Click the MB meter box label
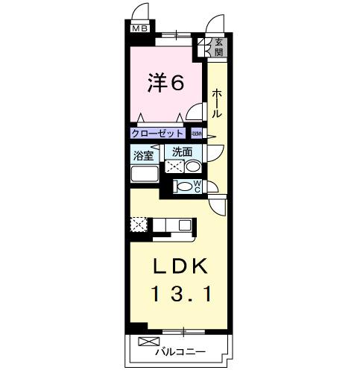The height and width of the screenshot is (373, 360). click(x=139, y=28)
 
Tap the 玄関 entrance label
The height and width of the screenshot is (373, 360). click(x=219, y=48)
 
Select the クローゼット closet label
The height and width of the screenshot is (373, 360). click(x=157, y=134)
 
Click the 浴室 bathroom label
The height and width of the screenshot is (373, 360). click(x=143, y=156)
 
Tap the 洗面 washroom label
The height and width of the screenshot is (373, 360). click(x=181, y=152)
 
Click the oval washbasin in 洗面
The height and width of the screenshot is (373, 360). click(x=194, y=167)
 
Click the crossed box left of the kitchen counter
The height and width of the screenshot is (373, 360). click(x=139, y=223)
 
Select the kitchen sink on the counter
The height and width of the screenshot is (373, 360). click(x=184, y=223)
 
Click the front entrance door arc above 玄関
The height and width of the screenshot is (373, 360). click(x=217, y=25)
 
